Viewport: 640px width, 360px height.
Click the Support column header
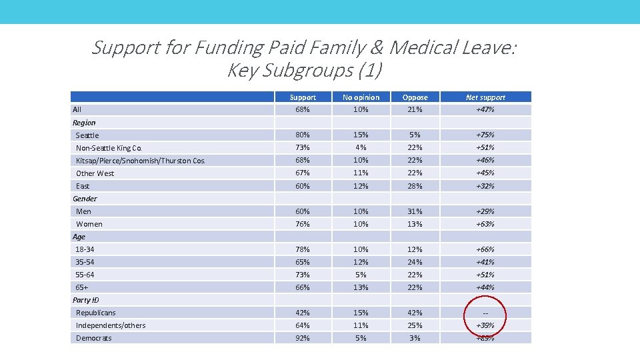pyautogui.click(x=303, y=97)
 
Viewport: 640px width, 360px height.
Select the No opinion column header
pyautogui.click(x=361, y=97)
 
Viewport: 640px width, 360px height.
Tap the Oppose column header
pyautogui.click(x=415, y=97)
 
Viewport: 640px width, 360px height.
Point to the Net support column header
pyautogui.click(x=485, y=97)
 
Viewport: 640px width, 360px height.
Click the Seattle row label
pyautogui.click(x=87, y=135)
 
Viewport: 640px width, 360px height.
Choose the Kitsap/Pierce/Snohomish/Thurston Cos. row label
pyautogui.click(x=141, y=161)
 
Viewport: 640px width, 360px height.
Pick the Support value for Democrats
pyautogui.click(x=303, y=338)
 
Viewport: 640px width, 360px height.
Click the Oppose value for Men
pyautogui.click(x=415, y=211)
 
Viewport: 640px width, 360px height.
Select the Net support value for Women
pyautogui.click(x=485, y=224)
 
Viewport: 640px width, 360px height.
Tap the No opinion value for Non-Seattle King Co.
pyautogui.click(x=361, y=147)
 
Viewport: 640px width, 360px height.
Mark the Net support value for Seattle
pyautogui.click(x=485, y=135)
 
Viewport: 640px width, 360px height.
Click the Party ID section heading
pyautogui.click(x=85, y=300)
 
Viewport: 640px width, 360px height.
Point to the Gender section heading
pyautogui.click(x=85, y=199)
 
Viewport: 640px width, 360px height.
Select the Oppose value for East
pyautogui.click(x=415, y=186)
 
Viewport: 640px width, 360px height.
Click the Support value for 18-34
pyautogui.click(x=303, y=249)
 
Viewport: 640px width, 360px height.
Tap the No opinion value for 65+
pyautogui.click(x=361, y=287)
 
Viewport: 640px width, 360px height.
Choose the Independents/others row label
pyautogui.click(x=111, y=325)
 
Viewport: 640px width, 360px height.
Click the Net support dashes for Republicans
pyautogui.click(x=485, y=313)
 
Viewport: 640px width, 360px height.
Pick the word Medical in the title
pyautogui.click(x=422, y=47)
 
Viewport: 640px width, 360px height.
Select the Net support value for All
pyautogui.click(x=485, y=109)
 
